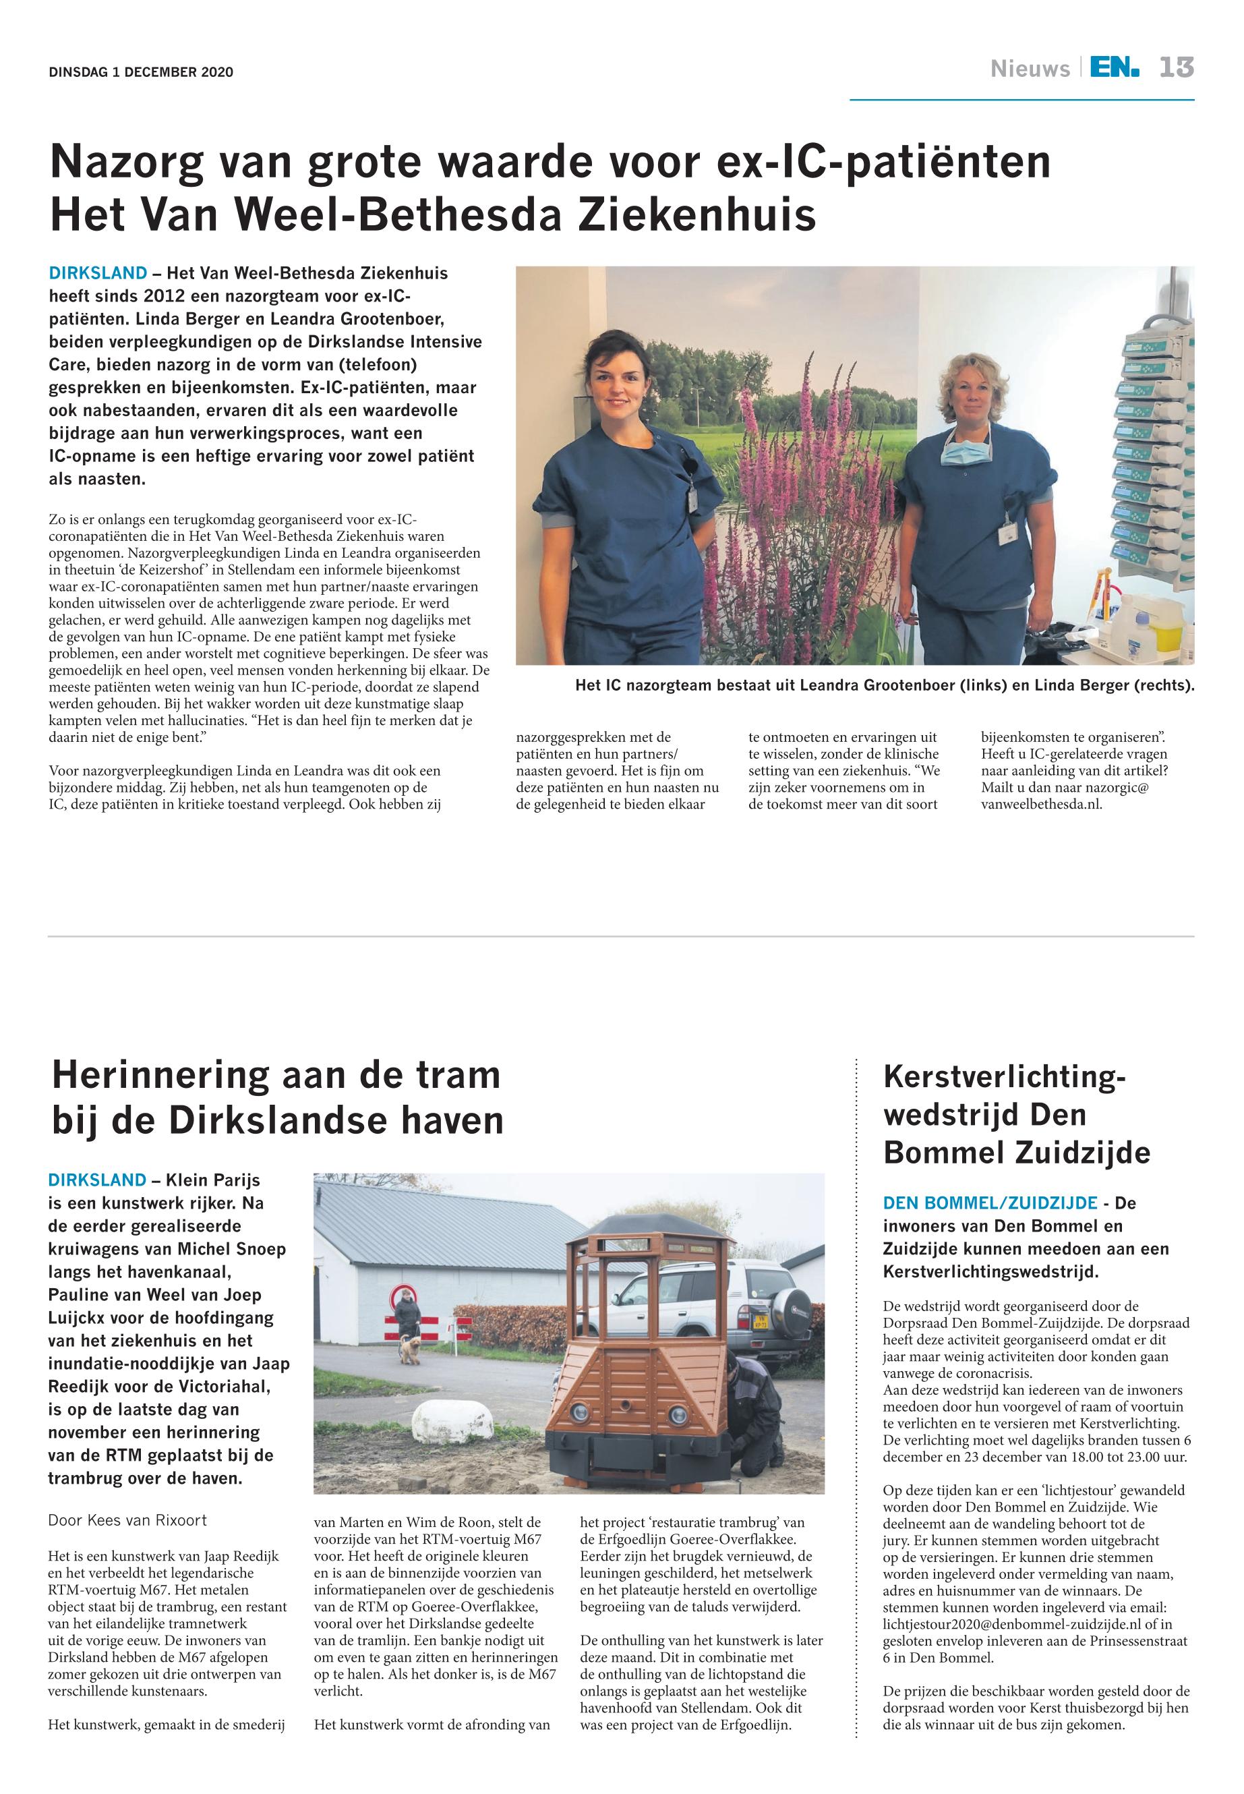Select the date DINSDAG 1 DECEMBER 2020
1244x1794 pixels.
click(x=140, y=73)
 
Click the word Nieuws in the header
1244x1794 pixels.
click(x=1030, y=69)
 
